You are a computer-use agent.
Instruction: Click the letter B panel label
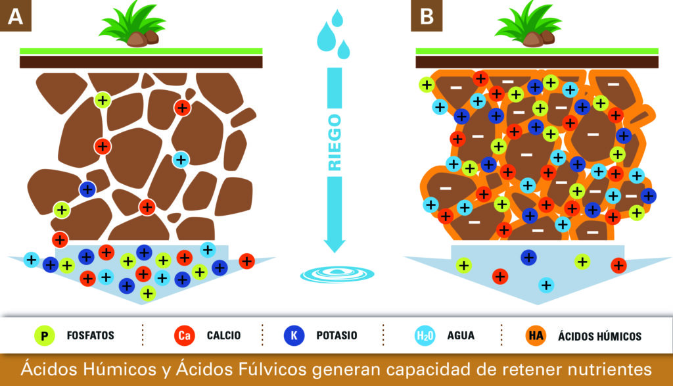point(427,16)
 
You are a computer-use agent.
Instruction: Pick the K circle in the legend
point(294,335)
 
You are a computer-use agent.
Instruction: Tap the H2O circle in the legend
point(424,336)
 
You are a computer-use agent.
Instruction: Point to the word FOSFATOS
point(90,336)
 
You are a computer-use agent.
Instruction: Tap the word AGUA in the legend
point(459,336)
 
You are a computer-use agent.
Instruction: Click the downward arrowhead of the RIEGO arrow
point(335,245)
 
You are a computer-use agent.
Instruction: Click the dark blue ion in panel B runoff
point(528,258)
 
